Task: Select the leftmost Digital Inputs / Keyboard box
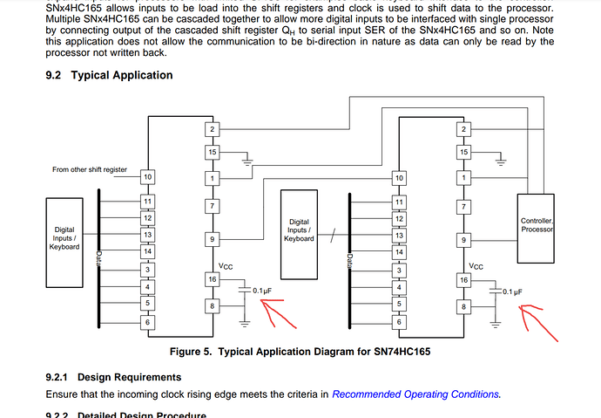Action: coord(65,237)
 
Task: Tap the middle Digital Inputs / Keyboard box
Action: coord(299,230)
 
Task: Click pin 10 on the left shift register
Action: coord(146,178)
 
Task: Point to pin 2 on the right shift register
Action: coord(463,130)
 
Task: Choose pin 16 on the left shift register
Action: coord(211,279)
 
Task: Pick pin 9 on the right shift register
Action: coord(463,240)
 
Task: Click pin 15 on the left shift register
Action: coord(211,153)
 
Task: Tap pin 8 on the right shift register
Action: coord(463,305)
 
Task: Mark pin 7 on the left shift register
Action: coord(211,206)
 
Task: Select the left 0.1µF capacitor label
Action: coord(264,290)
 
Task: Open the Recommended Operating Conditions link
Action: coord(415,394)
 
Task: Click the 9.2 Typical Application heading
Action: coord(109,75)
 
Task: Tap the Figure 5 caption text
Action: coord(300,352)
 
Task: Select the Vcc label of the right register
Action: coord(476,266)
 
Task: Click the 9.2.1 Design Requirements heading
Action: coord(113,377)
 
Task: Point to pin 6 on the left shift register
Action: coord(146,323)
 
